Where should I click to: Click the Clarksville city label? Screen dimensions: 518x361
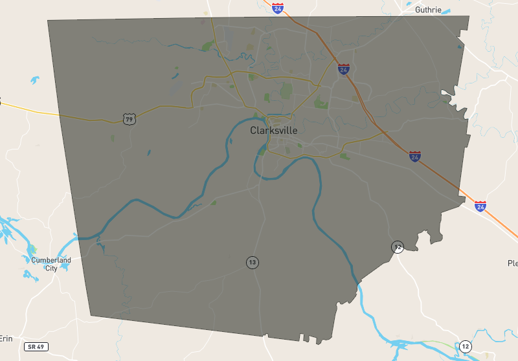(274, 130)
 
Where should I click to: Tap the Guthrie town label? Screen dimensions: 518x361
(429, 10)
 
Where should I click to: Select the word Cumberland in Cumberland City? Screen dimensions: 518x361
(51, 260)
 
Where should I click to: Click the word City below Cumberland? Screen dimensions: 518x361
(51, 268)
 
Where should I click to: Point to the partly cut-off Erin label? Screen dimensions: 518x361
(6, 338)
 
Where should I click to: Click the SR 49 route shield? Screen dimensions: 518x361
(36, 347)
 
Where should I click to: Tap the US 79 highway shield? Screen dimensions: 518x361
(129, 119)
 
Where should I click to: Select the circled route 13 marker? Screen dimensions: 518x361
(253, 262)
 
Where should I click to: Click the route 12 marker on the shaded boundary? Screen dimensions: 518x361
(397, 246)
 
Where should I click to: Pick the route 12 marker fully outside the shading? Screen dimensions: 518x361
(466, 347)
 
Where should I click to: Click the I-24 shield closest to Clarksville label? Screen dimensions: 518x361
(344, 68)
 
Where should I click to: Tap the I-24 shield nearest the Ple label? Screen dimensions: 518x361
(480, 206)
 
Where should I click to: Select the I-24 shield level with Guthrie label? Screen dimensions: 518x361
(278, 8)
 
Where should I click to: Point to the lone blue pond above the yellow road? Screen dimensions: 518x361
(34, 80)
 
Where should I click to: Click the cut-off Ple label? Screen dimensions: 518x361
(512, 263)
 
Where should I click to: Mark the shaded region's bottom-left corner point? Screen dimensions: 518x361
(90, 316)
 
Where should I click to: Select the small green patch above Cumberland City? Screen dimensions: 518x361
(33, 249)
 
